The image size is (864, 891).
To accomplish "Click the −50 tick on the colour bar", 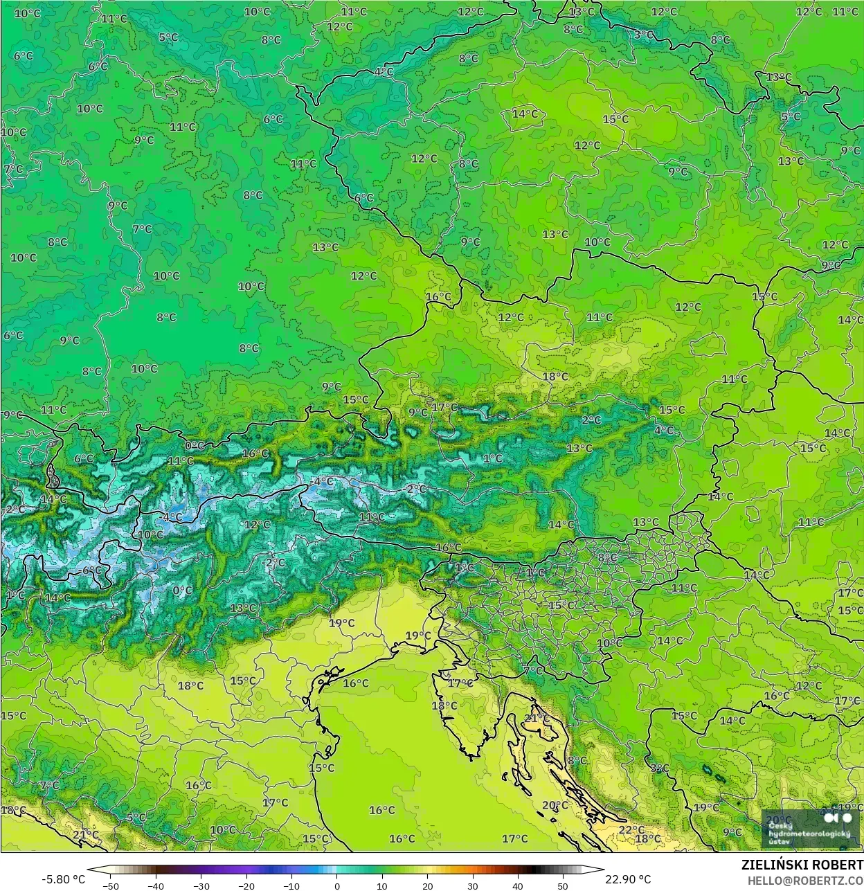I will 111,885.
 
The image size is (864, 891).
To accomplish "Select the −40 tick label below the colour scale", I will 156,885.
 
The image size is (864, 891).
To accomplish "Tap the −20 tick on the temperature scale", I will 246,885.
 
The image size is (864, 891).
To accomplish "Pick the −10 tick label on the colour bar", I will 291,885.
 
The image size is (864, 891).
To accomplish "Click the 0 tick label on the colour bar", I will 337,885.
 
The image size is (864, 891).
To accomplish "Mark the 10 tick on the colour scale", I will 382,885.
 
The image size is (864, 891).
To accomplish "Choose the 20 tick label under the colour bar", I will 427,885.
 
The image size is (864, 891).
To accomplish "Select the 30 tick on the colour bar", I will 473,885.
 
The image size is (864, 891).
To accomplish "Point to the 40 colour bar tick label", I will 518,885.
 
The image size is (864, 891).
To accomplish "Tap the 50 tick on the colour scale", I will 563,885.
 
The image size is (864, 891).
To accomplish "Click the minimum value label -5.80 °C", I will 64,879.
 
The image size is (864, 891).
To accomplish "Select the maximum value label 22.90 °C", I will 628,879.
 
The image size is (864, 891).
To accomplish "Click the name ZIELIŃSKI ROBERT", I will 802,865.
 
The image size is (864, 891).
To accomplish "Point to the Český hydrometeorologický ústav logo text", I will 809,834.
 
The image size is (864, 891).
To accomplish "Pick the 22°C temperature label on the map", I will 631,829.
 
